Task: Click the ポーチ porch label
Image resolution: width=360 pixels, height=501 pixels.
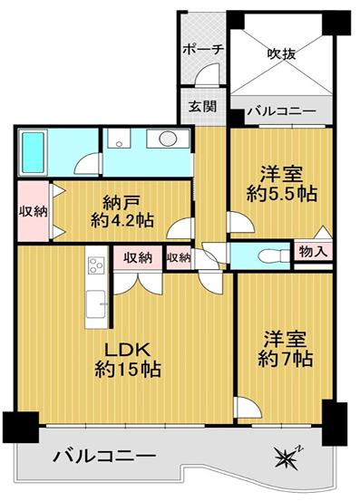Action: click(x=203, y=50)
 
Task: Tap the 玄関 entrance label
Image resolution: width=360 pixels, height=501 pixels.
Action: click(x=202, y=107)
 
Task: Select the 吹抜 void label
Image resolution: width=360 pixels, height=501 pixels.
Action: click(x=281, y=53)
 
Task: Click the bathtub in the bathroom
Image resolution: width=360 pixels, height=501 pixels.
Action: click(x=33, y=152)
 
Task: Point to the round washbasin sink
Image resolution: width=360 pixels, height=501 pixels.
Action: click(x=168, y=139)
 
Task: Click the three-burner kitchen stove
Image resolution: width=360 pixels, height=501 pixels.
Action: click(x=97, y=265)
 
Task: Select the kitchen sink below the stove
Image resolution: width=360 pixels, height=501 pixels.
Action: click(x=95, y=304)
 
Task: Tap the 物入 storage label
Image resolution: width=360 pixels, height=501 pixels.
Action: click(x=313, y=252)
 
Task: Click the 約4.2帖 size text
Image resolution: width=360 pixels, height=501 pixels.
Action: click(x=122, y=220)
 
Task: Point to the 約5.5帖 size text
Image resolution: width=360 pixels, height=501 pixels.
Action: click(x=282, y=193)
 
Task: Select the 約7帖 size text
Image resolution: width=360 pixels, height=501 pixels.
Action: click(x=285, y=359)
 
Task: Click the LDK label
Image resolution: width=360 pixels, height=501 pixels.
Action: click(x=128, y=351)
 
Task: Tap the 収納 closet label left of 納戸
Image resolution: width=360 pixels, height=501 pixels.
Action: click(x=34, y=211)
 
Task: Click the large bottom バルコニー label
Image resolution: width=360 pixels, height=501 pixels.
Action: click(x=104, y=456)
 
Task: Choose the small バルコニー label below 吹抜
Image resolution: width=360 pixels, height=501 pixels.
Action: click(x=282, y=111)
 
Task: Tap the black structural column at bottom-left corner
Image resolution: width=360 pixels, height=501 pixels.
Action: click(x=21, y=428)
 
